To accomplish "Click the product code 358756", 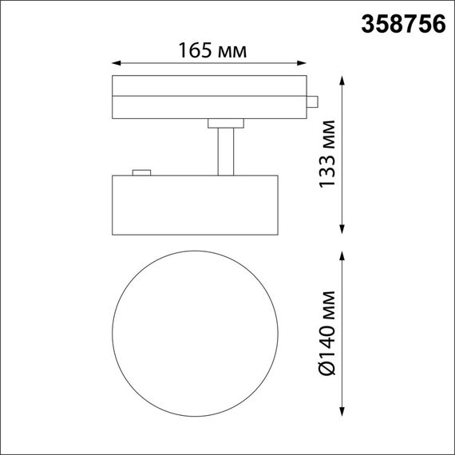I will (x=403, y=24).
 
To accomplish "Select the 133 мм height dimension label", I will (x=327, y=154).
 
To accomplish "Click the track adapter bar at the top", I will (x=209, y=97).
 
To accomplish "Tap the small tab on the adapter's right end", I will (x=314, y=102).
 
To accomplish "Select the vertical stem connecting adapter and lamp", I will (x=226, y=149).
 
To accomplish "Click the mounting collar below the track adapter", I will (x=225, y=123).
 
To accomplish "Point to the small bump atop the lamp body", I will (x=142, y=172).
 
